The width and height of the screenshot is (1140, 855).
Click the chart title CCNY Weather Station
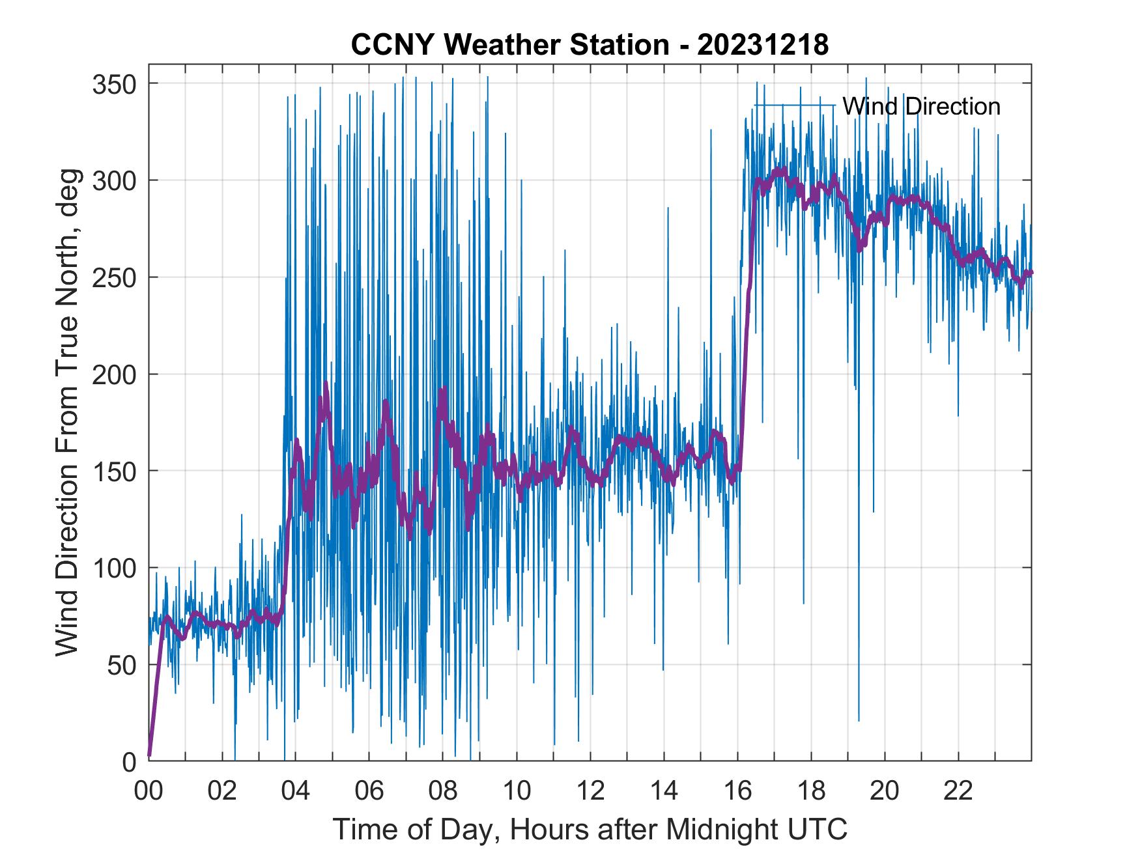coord(510,45)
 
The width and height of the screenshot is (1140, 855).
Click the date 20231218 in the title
coord(763,45)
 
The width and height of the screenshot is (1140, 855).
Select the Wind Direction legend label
coord(921,106)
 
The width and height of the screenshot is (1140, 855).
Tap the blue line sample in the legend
coord(794,105)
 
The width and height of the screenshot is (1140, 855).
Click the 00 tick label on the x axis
coord(149,791)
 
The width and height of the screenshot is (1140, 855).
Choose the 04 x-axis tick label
coord(296,791)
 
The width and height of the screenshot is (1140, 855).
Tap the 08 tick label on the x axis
coord(444,791)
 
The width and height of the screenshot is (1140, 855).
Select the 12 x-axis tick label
coord(591,791)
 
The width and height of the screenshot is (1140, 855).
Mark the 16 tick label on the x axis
coord(738,791)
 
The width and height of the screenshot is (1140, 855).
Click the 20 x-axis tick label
coord(885,791)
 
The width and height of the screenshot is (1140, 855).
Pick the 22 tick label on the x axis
coord(959,791)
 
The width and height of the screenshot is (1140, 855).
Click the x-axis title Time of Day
coord(590,829)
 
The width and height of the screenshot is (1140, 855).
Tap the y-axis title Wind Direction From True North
coord(67,412)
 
